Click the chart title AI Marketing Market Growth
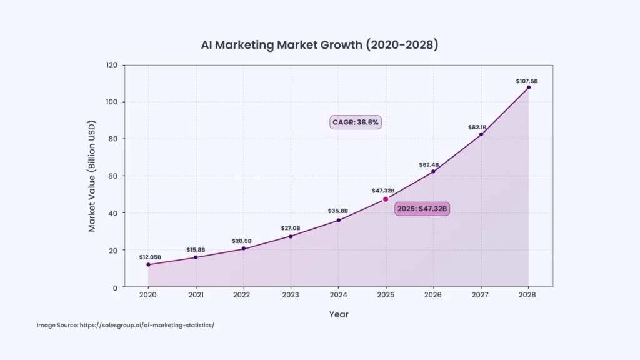click(319, 46)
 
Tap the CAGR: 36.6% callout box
click(355, 122)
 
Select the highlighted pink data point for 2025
click(386, 199)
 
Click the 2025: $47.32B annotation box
click(422, 209)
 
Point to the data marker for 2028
click(529, 87)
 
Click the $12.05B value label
click(150, 257)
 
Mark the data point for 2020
click(148, 264)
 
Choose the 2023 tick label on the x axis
click(291, 295)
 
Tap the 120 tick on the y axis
click(112, 65)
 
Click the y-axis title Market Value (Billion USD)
click(92, 177)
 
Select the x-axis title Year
click(339, 314)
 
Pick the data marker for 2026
click(433, 171)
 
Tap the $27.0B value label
click(291, 228)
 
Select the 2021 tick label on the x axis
click(196, 295)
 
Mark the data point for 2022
click(243, 248)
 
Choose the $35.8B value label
click(338, 211)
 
